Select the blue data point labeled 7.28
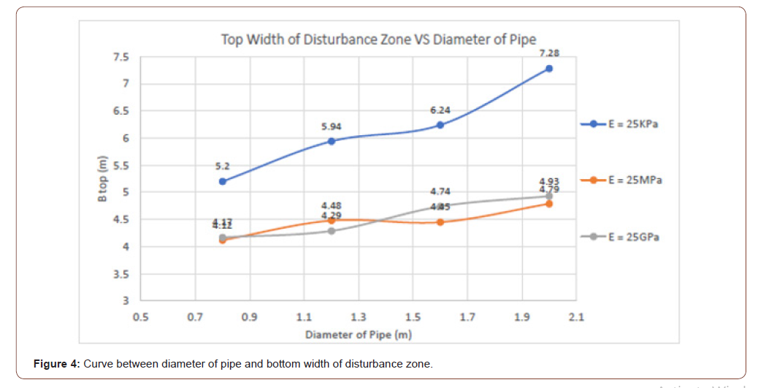[x=549, y=68]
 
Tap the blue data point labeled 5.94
[x=332, y=141]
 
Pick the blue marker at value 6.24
[x=440, y=125]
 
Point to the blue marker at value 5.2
[x=222, y=181]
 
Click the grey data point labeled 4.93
[x=549, y=196]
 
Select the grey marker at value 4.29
[x=332, y=231]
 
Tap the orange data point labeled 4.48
[x=332, y=221]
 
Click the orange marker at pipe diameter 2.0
[x=549, y=204]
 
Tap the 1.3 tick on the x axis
[x=359, y=317]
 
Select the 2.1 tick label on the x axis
[x=576, y=317]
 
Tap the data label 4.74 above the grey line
[x=440, y=191]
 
